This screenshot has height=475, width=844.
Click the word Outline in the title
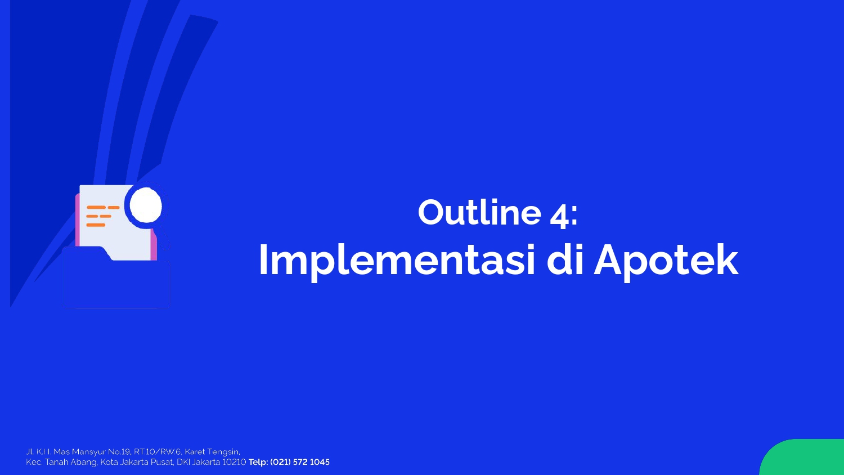[x=479, y=212]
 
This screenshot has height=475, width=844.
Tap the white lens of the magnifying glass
[x=146, y=206]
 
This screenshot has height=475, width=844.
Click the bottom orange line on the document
[x=96, y=225]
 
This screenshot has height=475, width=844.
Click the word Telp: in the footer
[x=258, y=462]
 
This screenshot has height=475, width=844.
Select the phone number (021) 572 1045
[x=300, y=462]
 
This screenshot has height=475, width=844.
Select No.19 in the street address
[x=119, y=451]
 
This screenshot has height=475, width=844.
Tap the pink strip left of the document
[x=77, y=220]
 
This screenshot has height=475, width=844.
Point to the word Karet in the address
[x=194, y=451]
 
